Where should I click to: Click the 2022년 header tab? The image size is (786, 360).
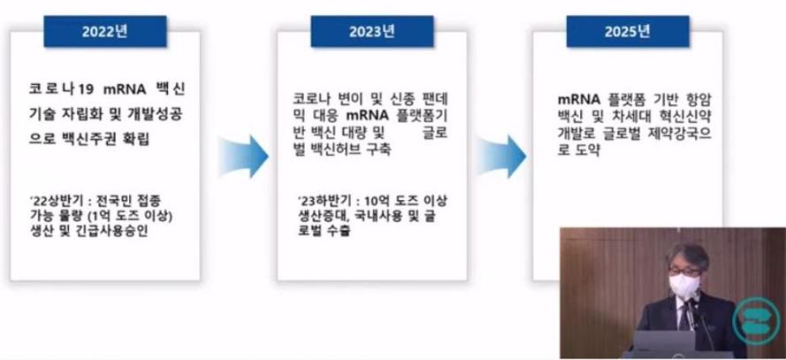(105, 32)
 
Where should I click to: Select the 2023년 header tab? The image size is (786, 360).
(372, 32)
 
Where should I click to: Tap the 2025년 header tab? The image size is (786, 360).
(628, 32)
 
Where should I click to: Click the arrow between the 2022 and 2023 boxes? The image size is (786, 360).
(243, 156)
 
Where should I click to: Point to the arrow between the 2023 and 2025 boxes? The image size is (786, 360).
(500, 156)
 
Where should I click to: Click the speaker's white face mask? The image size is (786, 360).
(684, 286)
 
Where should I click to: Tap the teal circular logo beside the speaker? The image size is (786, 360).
(756, 320)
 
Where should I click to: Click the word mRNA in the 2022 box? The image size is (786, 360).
(124, 89)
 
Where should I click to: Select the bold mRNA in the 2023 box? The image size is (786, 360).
(368, 115)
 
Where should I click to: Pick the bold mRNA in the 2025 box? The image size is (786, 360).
(579, 99)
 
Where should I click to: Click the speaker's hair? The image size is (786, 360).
(687, 255)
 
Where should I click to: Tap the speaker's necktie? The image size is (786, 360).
(684, 317)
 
